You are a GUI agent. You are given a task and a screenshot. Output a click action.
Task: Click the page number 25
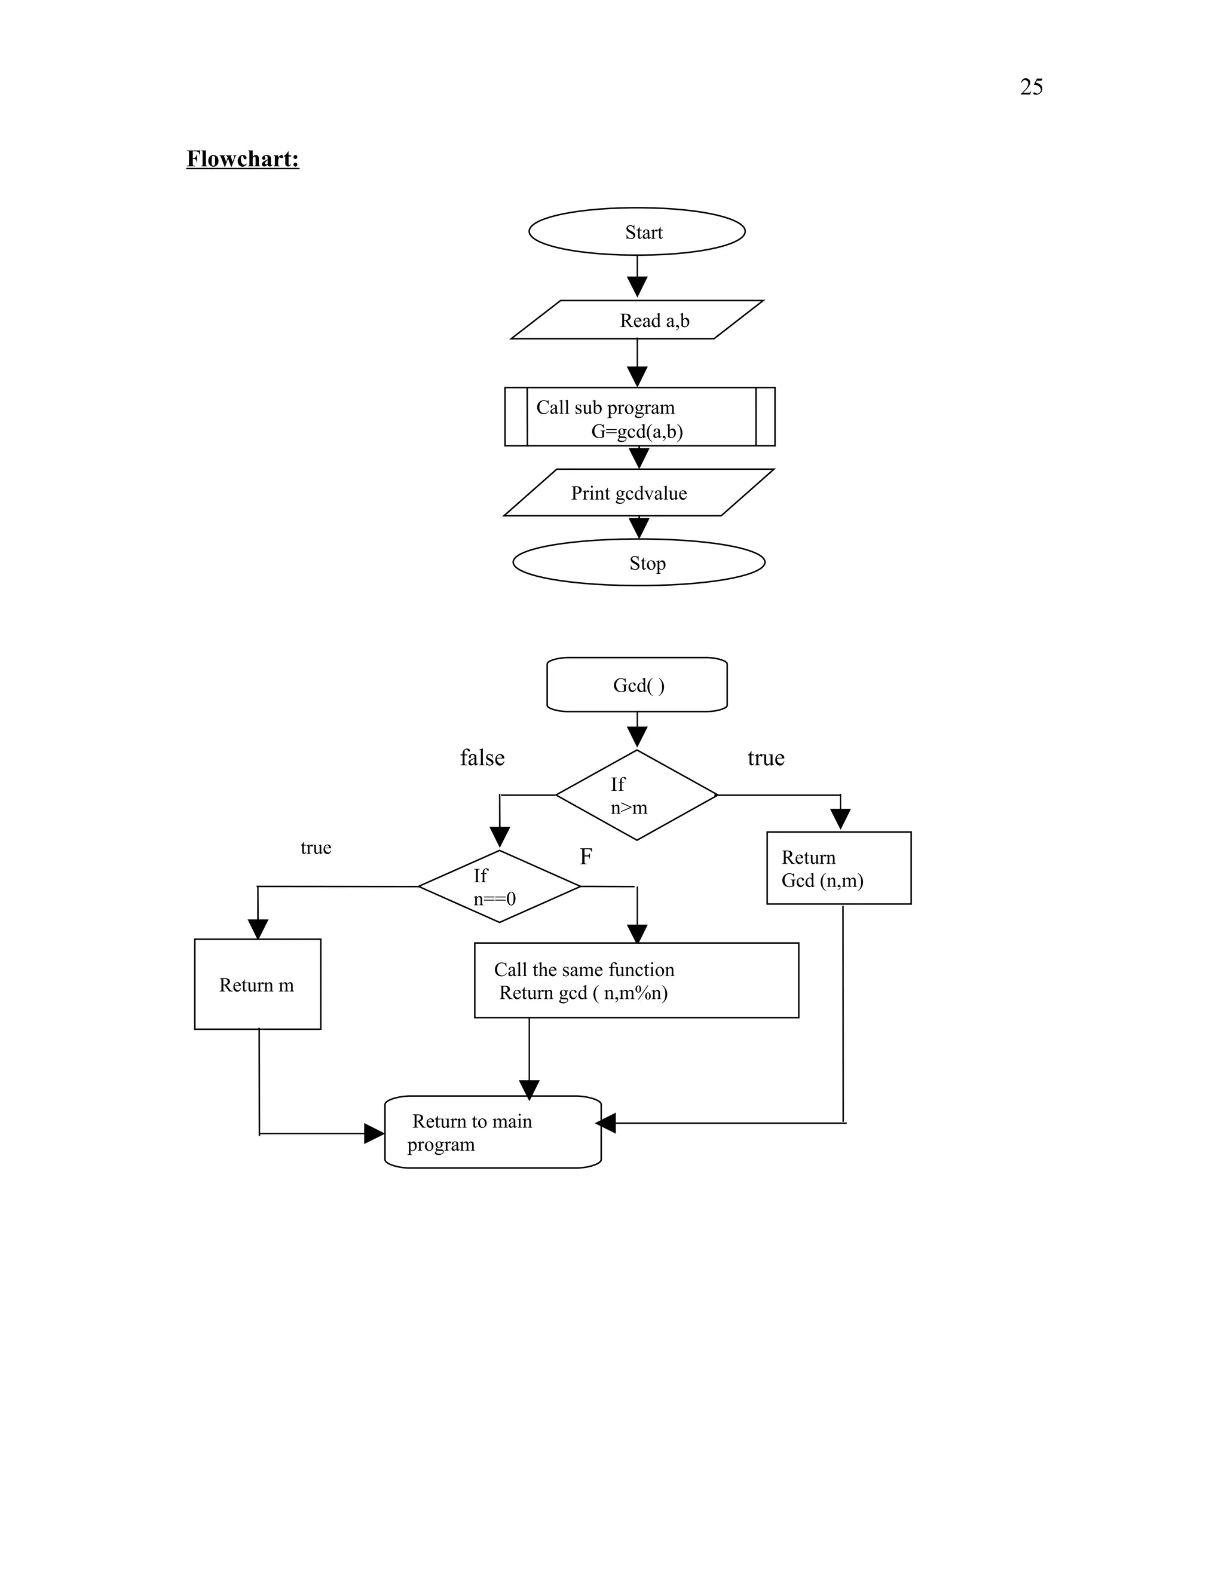pos(1030,87)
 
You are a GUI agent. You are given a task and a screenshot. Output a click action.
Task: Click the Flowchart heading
pos(242,159)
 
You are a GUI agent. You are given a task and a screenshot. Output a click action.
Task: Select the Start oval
pos(637,232)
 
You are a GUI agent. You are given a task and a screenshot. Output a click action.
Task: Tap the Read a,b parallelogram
pos(637,320)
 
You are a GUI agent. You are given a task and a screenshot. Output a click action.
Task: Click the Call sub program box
pos(639,417)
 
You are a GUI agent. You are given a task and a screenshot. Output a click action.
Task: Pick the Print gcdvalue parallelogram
pos(638,493)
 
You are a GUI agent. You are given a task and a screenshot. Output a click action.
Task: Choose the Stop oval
pos(638,563)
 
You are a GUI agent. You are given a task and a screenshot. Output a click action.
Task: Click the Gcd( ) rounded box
pos(637,684)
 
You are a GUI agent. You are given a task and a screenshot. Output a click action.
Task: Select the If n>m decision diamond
pos(636,796)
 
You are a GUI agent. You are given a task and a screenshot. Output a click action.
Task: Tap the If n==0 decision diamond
pos(499,886)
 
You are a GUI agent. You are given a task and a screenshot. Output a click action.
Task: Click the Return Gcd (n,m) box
pos(839,868)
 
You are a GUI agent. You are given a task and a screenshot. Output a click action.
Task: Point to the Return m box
pos(258,984)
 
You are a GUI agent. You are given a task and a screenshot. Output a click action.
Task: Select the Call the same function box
pos(636,980)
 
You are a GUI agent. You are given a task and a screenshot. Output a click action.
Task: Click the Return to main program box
pos(492,1133)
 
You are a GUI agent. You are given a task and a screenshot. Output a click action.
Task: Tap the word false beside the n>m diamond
pos(482,758)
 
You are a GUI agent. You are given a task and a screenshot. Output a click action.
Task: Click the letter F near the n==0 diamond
pos(586,857)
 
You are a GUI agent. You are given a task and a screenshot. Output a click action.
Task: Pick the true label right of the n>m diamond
pos(766,758)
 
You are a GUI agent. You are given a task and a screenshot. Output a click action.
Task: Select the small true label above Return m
pos(316,848)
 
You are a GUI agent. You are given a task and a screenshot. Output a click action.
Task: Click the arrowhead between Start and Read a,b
pos(637,286)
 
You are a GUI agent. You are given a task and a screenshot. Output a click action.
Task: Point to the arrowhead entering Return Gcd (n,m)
pos(840,819)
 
